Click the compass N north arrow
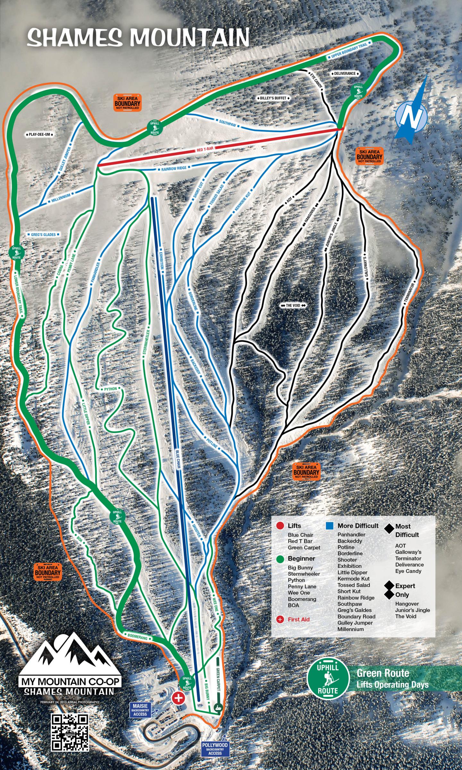pos(411,116)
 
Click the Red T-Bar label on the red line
pos(205,148)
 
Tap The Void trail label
pos(293,305)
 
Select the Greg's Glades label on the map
pos(43,235)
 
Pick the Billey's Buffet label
pos(273,98)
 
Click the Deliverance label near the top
pos(345,73)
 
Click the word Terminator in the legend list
pos(408,558)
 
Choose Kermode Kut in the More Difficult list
pos(353,578)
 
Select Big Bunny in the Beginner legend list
pos(300,568)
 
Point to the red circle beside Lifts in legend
pos(280,526)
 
